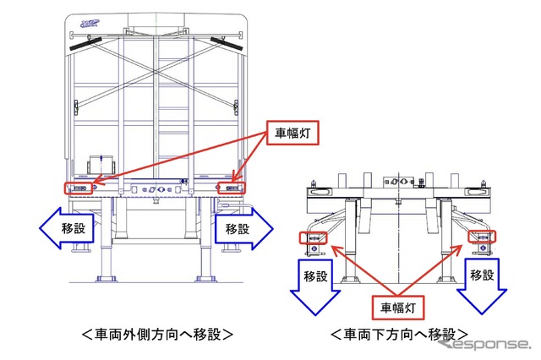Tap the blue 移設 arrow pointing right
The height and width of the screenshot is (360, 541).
click(x=243, y=228)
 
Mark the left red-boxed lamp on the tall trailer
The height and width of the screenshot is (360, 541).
click(x=79, y=188)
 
